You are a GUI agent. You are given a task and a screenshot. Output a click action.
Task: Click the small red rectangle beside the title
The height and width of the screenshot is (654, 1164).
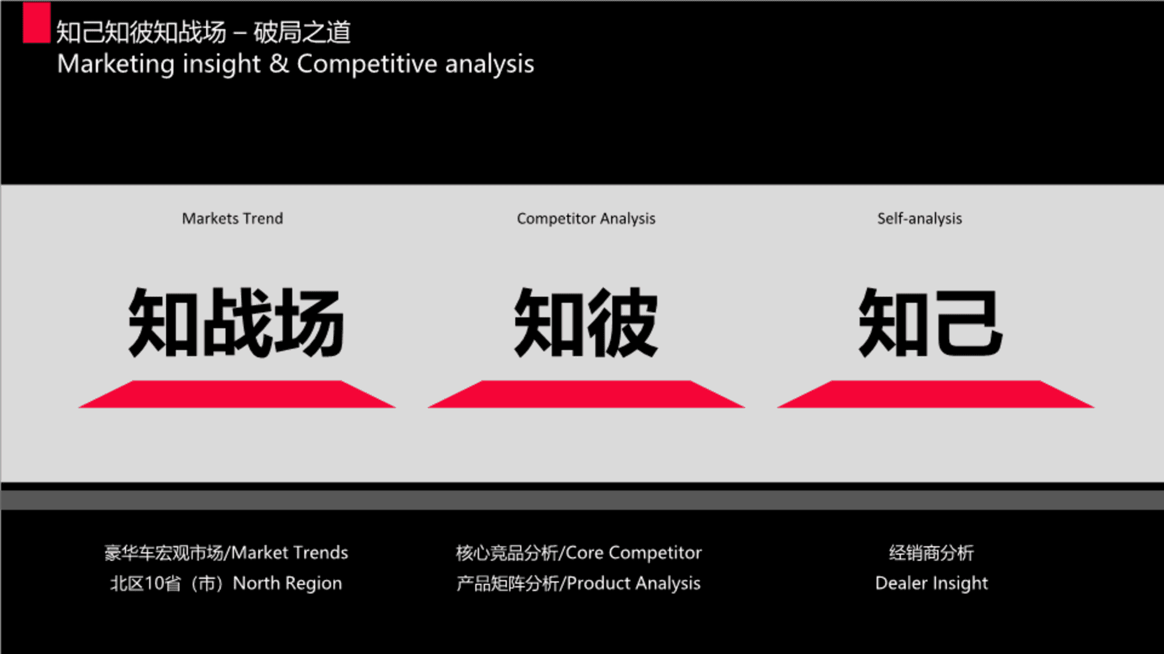36,23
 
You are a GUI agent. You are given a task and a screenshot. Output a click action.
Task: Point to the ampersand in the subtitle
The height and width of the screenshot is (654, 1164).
279,64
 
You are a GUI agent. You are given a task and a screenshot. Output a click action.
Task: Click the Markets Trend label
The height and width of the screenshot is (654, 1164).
232,219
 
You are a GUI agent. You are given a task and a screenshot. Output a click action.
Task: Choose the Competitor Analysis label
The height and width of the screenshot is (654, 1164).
586,219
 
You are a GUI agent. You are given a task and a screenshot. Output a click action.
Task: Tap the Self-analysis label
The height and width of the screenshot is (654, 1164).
919,219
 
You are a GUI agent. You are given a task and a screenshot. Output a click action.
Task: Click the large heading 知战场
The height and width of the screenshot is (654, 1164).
236,323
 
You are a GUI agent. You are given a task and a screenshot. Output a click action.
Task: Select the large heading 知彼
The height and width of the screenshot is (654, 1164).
586,323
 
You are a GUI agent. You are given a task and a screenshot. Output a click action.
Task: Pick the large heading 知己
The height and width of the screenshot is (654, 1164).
931,323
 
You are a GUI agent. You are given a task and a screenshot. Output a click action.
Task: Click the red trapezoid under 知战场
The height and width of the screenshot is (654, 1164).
237,394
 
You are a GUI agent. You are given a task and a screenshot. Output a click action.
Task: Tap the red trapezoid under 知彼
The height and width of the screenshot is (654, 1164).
586,394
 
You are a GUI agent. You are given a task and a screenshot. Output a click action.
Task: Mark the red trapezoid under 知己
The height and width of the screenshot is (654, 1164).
935,394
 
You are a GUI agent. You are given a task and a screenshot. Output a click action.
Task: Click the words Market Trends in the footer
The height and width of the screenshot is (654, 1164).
290,552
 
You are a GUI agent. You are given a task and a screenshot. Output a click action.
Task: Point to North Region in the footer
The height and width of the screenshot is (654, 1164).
287,583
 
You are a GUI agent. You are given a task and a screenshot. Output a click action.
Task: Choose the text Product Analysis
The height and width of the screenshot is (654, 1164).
634,583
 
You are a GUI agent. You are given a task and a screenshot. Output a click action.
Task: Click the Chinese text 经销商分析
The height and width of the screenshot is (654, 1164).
931,552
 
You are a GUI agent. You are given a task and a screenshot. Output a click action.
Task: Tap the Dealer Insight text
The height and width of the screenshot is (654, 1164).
931,583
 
